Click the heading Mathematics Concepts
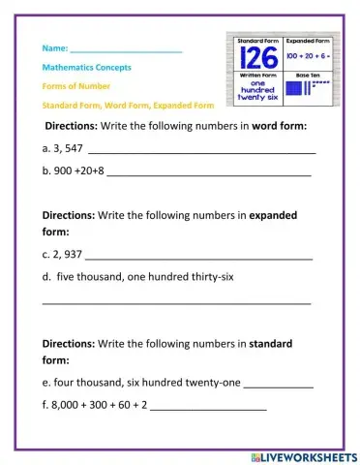click(x=87, y=68)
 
